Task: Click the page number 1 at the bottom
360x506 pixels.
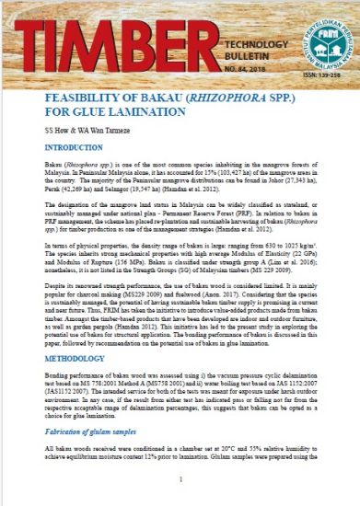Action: [x=180, y=478]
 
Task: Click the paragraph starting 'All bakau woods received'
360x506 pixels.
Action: [x=180, y=453]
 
